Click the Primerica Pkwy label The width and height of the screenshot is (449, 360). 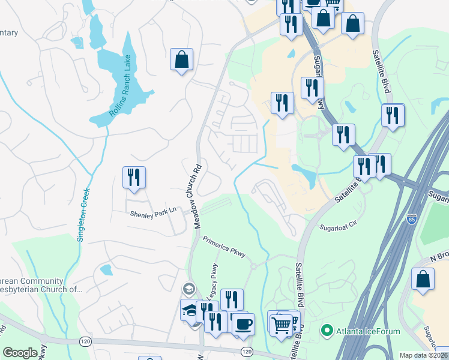click(224, 247)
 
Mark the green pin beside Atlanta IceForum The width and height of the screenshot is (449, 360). click(327, 329)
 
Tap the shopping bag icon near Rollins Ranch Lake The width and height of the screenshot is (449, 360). click(181, 59)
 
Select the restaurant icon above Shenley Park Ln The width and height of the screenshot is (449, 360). click(134, 178)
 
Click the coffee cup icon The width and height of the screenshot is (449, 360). click(243, 324)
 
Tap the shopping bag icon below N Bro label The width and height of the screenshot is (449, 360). click(423, 280)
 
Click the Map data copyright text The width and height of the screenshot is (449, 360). click(423, 355)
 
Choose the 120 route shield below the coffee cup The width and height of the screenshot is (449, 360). click(246, 350)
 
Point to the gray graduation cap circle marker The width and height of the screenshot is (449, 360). click(190, 289)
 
